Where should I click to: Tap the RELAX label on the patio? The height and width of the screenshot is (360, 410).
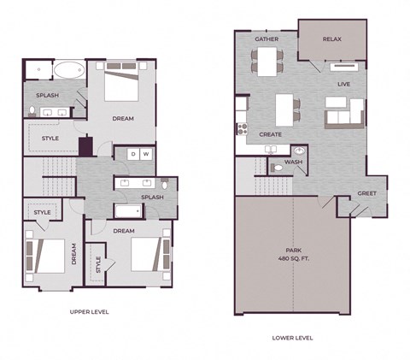(332, 39)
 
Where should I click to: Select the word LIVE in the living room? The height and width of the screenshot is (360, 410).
(344, 84)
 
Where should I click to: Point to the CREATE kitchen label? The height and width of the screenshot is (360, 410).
(271, 134)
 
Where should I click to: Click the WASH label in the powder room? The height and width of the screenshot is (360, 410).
(293, 162)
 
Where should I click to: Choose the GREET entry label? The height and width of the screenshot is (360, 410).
(367, 193)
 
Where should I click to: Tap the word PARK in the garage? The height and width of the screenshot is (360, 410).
(294, 251)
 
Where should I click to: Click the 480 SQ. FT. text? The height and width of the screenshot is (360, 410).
(294, 259)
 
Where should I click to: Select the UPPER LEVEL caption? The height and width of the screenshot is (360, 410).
(89, 312)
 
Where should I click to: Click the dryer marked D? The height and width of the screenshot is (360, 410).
(132, 154)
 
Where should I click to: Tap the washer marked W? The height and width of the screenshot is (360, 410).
(146, 154)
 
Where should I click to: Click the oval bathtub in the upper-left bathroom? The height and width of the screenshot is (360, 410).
(67, 71)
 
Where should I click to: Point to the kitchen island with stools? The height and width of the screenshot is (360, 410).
(285, 109)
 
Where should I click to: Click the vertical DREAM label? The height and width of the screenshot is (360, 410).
(73, 254)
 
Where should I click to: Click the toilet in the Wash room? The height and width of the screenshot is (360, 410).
(278, 168)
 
